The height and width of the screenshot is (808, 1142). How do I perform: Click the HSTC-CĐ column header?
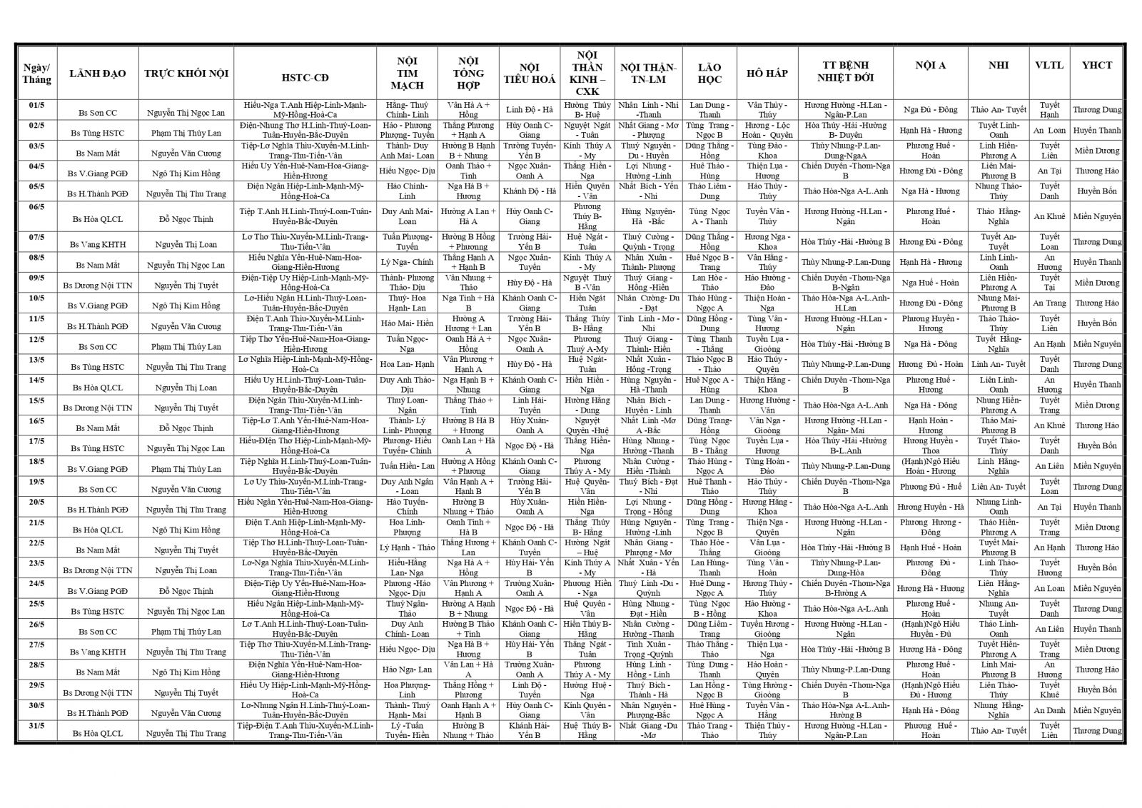(x=305, y=74)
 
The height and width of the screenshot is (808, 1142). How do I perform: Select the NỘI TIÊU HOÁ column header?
(x=529, y=74)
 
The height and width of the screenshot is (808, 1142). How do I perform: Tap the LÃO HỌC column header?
(x=709, y=74)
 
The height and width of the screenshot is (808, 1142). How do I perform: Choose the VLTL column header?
(x=1048, y=65)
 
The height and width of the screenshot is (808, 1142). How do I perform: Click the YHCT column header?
(x=1096, y=65)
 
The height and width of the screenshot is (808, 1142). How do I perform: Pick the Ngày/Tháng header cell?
(x=36, y=74)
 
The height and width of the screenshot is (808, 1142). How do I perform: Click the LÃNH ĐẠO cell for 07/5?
(x=98, y=244)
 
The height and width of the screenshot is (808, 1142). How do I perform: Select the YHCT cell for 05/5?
(x=1096, y=191)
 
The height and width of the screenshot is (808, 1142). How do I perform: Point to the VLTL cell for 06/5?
(x=1048, y=216)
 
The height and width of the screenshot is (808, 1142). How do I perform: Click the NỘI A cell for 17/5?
(x=930, y=445)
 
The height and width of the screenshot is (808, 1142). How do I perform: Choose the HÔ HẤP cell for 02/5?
(x=767, y=130)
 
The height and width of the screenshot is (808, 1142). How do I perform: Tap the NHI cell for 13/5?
(x=998, y=364)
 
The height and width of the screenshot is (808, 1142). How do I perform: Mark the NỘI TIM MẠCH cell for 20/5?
(x=407, y=507)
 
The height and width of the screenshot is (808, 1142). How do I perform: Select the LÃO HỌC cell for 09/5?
(x=709, y=283)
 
